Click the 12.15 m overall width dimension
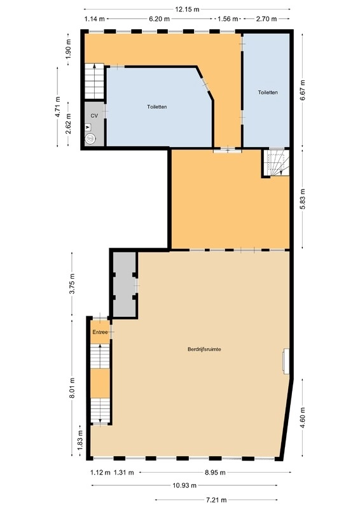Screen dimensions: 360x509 (x=187, y=10)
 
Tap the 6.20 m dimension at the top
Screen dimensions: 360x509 (x=160, y=19)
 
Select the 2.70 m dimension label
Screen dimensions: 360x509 (x=267, y=19)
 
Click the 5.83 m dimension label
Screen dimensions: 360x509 (x=303, y=199)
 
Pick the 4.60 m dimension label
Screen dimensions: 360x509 (x=303, y=418)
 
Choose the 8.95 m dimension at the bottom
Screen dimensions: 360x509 (x=215, y=473)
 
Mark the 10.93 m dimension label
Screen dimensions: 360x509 (x=184, y=485)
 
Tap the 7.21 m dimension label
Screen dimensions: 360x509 (x=216, y=500)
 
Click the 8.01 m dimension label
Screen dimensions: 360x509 (x=73, y=388)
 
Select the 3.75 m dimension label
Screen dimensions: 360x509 (x=73, y=284)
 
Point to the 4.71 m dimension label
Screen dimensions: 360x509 (x=58, y=107)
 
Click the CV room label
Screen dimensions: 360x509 (x=94, y=116)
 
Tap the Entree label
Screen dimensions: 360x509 (x=100, y=332)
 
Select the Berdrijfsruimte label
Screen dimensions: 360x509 (x=205, y=349)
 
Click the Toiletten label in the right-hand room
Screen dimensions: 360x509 (x=268, y=92)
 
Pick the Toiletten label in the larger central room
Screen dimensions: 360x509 (x=157, y=106)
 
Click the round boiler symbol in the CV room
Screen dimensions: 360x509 (x=90, y=139)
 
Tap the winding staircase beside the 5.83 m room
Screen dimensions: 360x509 (x=276, y=162)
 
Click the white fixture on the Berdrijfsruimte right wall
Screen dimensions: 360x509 (x=286, y=361)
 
